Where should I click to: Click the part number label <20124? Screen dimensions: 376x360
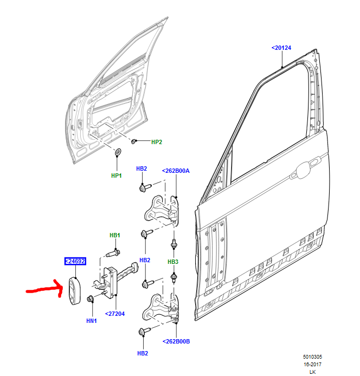click(281, 48)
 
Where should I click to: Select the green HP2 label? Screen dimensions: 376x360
click(156, 142)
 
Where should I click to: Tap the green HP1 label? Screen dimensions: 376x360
click(117, 176)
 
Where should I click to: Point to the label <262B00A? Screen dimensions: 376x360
click(175, 171)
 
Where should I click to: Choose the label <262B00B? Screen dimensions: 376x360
click(175, 341)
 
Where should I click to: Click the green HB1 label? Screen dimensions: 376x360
click(114, 235)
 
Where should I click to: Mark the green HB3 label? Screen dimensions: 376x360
click(172, 262)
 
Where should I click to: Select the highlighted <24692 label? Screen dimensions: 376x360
click(75, 261)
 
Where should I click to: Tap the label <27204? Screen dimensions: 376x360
click(115, 313)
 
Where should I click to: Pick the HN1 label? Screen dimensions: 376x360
click(92, 321)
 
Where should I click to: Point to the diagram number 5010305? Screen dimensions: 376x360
click(313, 357)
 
